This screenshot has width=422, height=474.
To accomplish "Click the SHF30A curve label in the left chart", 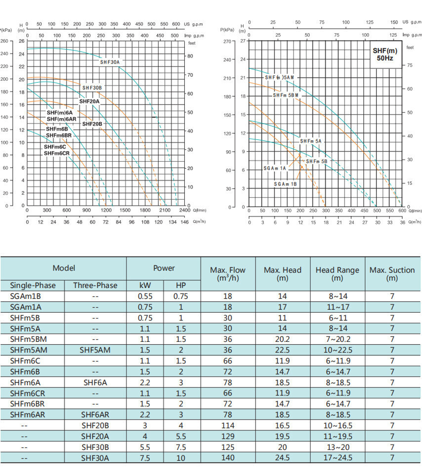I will pos(110,62).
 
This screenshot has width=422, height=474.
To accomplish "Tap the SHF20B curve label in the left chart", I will pos(92,124).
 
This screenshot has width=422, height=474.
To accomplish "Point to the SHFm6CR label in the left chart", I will pos(57,153).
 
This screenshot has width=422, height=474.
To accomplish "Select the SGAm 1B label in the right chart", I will pos(285,184).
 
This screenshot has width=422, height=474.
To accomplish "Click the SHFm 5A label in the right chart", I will pos(311,141).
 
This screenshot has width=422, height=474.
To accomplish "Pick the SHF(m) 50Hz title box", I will pos(385,54).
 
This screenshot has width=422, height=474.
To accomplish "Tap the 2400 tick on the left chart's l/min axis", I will pos(184,210).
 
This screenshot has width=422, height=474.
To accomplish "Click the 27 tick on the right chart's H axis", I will pos(243,41).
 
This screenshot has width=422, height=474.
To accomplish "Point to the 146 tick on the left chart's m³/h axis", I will pos(184,222).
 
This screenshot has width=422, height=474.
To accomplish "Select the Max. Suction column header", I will pos(392,274).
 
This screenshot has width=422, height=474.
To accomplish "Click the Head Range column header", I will pos(337,274).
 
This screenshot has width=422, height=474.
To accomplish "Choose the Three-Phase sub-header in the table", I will pos(95,285).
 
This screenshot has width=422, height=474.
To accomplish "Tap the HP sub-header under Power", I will pos(181,285).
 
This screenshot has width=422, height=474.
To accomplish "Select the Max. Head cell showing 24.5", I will pos(282,458).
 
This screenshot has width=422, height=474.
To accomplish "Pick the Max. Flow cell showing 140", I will pos(227,458).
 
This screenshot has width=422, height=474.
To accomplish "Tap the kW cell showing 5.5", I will pos(145,447).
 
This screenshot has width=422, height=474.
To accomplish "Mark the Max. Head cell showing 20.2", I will pos(282,339).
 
